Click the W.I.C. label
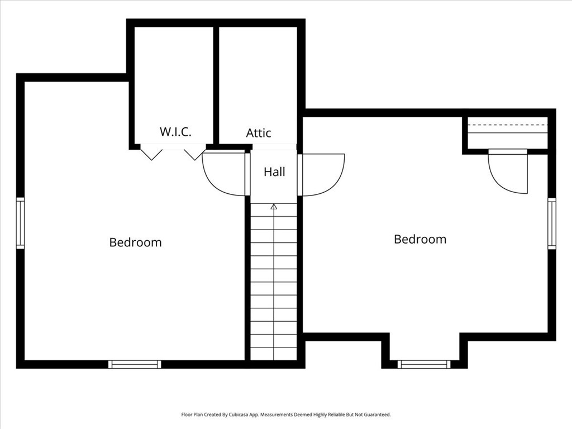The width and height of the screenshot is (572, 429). click(x=175, y=132)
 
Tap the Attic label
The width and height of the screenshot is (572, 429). click(x=259, y=133)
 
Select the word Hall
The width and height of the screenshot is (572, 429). click(x=274, y=172)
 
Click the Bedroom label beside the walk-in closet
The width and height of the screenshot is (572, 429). click(x=135, y=242)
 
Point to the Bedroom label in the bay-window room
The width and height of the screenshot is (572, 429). click(x=420, y=239)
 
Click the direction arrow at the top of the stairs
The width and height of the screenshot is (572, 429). click(x=274, y=207)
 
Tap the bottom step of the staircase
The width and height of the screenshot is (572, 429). click(x=274, y=354)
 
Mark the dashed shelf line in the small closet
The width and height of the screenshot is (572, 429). click(x=507, y=125)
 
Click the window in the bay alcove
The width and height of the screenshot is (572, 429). click(x=423, y=364)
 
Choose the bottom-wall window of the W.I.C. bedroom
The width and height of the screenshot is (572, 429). click(x=135, y=364)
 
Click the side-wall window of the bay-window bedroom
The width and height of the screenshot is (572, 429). click(x=551, y=223)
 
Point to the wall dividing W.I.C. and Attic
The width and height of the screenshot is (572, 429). click(x=216, y=84)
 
